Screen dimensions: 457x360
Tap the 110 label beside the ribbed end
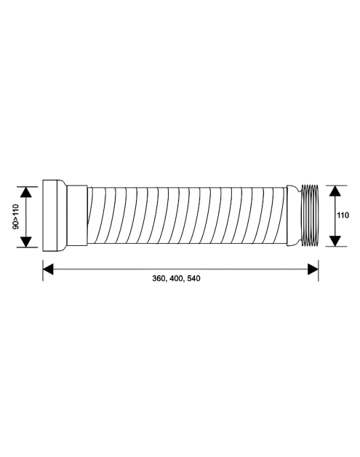coord(344,215)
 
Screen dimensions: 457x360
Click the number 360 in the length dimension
coord(159,279)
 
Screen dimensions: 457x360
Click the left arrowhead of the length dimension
coord(48,269)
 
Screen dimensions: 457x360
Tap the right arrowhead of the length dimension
coord(313,269)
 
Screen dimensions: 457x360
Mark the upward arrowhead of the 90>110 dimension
coord(27,193)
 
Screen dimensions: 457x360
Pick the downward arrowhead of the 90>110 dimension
coord(27,241)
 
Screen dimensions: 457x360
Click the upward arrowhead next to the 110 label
coord(334,191)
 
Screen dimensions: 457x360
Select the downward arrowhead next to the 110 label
coord(334,239)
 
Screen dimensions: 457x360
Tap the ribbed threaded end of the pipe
coord(309,215)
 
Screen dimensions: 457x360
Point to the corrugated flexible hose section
coord(189,216)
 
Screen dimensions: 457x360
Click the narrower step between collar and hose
coord(78,216)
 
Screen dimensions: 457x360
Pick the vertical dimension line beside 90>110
coord(27,217)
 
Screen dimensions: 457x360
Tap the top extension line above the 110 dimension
coord(332,184)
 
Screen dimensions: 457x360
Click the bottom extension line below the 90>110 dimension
coord(29,248)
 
